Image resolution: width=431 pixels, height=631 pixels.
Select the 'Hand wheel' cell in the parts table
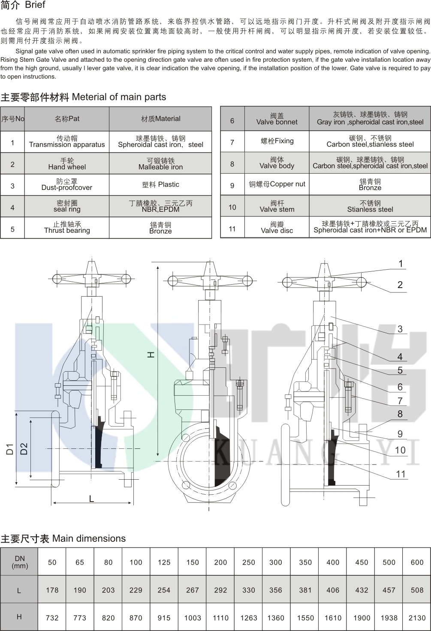click(67, 164)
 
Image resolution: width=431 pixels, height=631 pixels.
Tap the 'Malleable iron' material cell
click(160, 164)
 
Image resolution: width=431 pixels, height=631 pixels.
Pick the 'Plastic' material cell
click(160, 185)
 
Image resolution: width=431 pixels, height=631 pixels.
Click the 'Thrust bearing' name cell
click(67, 228)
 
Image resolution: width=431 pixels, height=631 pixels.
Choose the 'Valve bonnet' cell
click(277, 119)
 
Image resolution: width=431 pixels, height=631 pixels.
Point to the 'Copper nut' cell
click(277, 184)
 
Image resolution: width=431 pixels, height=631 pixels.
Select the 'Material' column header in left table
click(160, 119)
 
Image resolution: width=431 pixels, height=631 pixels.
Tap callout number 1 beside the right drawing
click(401, 264)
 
